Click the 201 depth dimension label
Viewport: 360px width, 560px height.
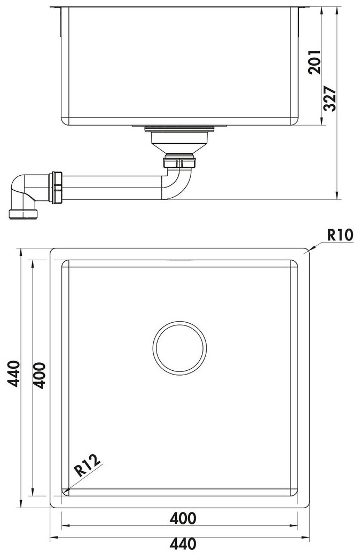(x=315, y=62)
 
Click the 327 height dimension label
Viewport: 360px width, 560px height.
(x=330, y=99)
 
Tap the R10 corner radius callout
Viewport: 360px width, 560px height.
(x=340, y=235)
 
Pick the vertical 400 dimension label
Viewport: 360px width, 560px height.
(x=40, y=376)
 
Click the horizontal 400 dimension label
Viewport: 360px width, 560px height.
(x=183, y=518)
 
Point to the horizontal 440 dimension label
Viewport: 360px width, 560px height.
(x=183, y=543)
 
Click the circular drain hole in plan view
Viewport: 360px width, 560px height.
(x=179, y=347)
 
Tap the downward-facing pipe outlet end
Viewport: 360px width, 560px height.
(x=23, y=214)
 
